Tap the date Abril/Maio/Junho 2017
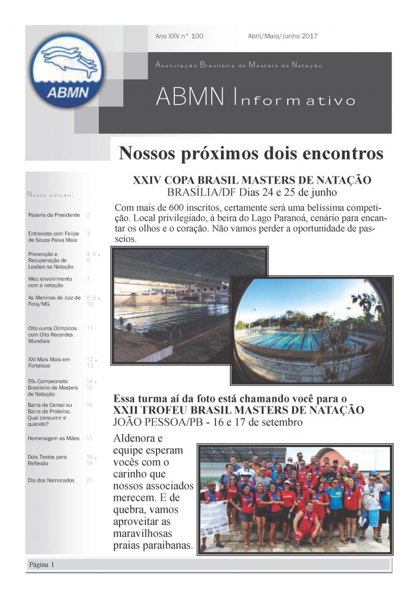coord(282,36)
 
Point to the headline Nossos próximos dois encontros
coord(251,154)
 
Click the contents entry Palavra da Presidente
coord(54,215)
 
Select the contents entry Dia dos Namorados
coord(51,480)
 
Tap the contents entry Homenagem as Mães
coord(53,438)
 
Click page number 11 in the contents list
coord(90,328)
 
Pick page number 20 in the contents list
coord(89,480)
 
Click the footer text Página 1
coord(41,565)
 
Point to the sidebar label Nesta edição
coord(50,194)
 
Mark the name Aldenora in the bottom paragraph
coord(136,438)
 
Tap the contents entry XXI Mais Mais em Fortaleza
coord(49,362)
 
